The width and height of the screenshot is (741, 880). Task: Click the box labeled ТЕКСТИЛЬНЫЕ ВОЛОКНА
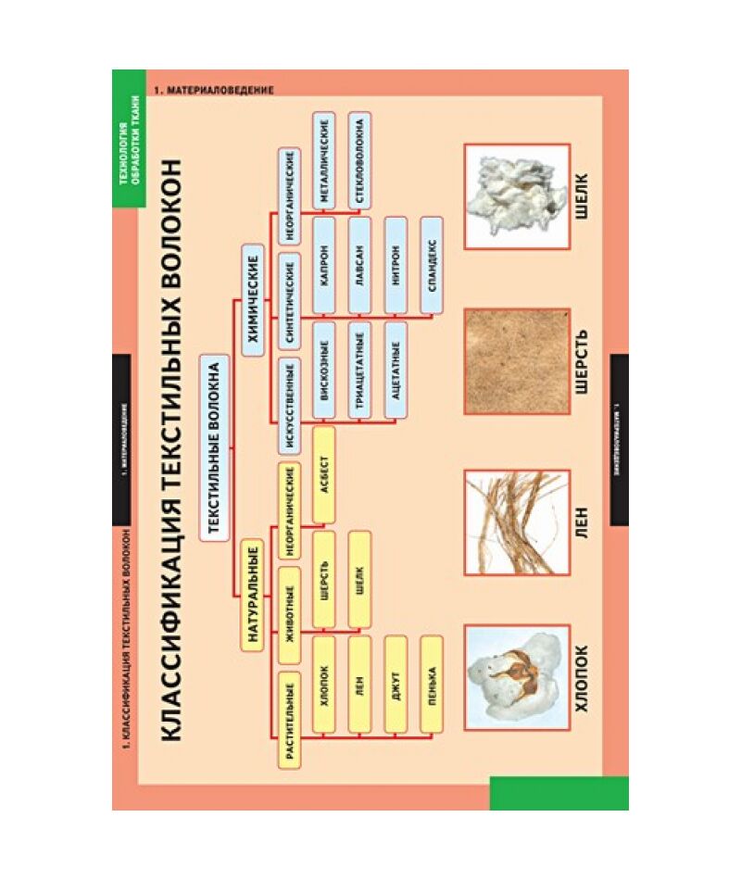point(213,445)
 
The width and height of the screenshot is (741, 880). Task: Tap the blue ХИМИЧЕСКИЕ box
point(251,298)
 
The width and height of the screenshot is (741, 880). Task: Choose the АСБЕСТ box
point(324,475)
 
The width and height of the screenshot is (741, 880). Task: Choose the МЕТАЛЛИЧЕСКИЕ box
point(324,157)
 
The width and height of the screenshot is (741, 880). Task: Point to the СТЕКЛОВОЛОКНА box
point(360,157)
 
